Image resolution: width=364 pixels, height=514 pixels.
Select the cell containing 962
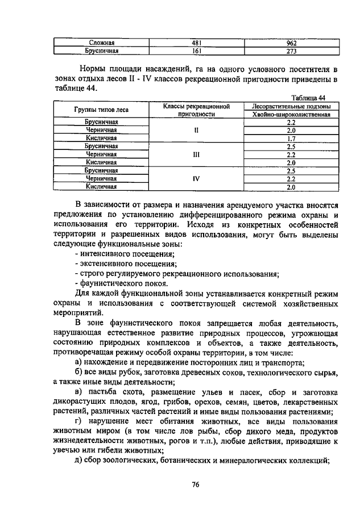292,43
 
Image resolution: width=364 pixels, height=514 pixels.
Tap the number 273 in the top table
292,51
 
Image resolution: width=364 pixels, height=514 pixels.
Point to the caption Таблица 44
308,98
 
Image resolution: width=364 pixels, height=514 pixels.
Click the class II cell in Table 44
196,130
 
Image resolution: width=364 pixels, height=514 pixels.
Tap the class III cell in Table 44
196,154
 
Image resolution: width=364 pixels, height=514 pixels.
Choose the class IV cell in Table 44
196,178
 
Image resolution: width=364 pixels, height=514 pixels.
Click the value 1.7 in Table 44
291,138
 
